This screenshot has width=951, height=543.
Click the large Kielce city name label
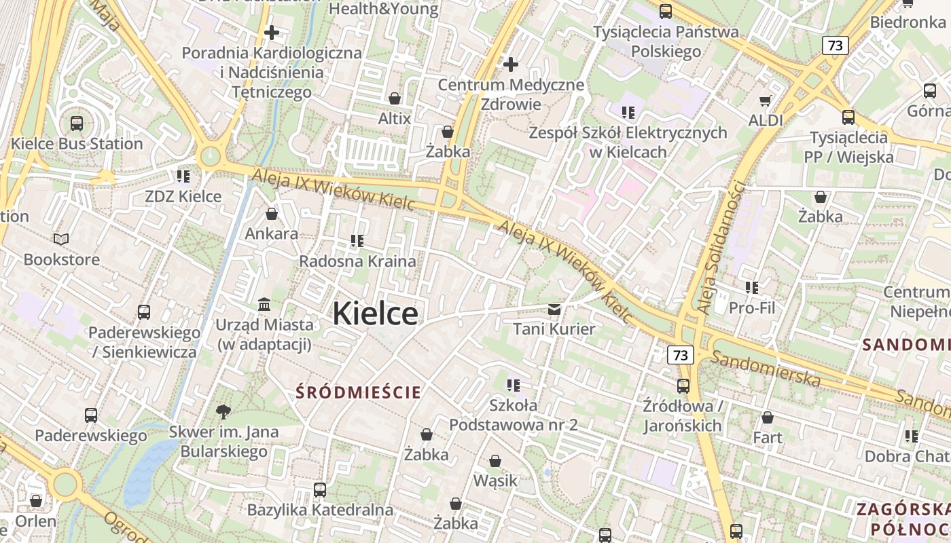[x=375, y=314]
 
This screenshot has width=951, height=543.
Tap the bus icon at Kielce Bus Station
[x=77, y=124]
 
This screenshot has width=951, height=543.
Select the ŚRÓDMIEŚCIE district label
[x=359, y=392]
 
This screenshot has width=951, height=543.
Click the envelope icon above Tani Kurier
[x=554, y=310]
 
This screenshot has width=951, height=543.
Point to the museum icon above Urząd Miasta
[x=264, y=305]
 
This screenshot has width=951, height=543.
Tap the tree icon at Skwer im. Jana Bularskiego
[x=223, y=411]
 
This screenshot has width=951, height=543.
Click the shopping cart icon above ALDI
[x=766, y=100]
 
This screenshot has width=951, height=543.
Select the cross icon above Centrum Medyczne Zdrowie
[x=511, y=64]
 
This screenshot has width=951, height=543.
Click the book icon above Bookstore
[x=61, y=239]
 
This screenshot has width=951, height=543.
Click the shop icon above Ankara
[x=272, y=214]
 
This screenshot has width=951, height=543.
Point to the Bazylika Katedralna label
[x=320, y=509]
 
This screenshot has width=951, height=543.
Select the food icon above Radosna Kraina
[x=357, y=240]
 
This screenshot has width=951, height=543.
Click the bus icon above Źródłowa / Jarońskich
[x=683, y=386]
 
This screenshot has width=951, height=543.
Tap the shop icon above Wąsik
[x=495, y=461]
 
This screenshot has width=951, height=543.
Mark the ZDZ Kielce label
[x=183, y=196]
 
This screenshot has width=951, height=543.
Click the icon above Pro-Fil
[x=751, y=288]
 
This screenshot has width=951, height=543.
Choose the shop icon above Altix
[x=395, y=98]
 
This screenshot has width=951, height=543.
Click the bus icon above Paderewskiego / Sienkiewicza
[x=144, y=312]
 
